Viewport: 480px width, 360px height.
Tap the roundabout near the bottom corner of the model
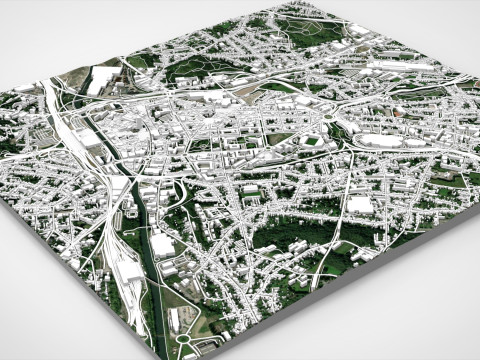pyautogui.click(x=184, y=343)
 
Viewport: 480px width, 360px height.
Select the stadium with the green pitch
pyautogui.click(x=312, y=141)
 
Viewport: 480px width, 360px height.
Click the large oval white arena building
pyautogui.click(x=378, y=141)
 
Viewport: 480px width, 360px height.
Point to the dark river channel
pyautogui.click(x=150, y=250)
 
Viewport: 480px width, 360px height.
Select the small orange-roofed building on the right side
pyautogui.click(x=405, y=117)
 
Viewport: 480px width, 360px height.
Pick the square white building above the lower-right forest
pyautogui.click(x=358, y=204)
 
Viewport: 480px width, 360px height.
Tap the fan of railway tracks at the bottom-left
pyautogui.click(x=125, y=285)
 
